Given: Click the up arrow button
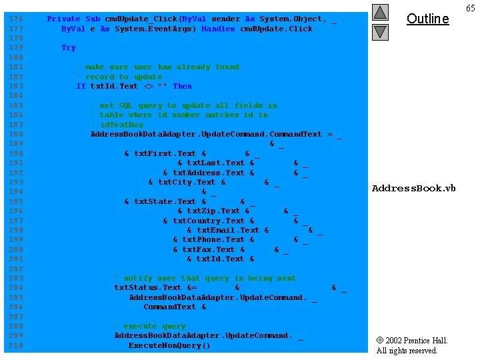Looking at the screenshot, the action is pos(380,12).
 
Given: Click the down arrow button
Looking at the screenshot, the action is pos(380,31).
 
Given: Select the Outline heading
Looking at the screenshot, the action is pos(427,19).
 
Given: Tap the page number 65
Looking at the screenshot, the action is pos(471,8).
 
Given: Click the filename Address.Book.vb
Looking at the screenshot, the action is pos(413,189).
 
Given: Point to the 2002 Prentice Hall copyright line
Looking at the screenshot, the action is pos(411,341).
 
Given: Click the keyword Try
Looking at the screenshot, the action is pos(69,48).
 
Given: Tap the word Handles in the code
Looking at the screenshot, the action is pos(218,29).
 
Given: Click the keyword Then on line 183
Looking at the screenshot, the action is pos(182,86).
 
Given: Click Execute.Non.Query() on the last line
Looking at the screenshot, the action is pos(169,345).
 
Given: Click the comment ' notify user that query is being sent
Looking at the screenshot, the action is pos(205,278).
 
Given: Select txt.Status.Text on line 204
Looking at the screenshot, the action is pos(147,288).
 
